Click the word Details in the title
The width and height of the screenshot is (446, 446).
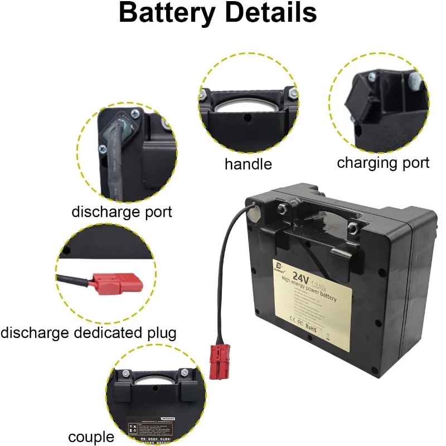pos(270,13)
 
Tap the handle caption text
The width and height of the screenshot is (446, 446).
pos(248,164)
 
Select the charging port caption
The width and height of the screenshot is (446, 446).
pos(383,163)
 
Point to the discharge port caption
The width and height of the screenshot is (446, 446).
pos(122,212)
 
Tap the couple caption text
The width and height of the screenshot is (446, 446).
pos(91,437)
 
